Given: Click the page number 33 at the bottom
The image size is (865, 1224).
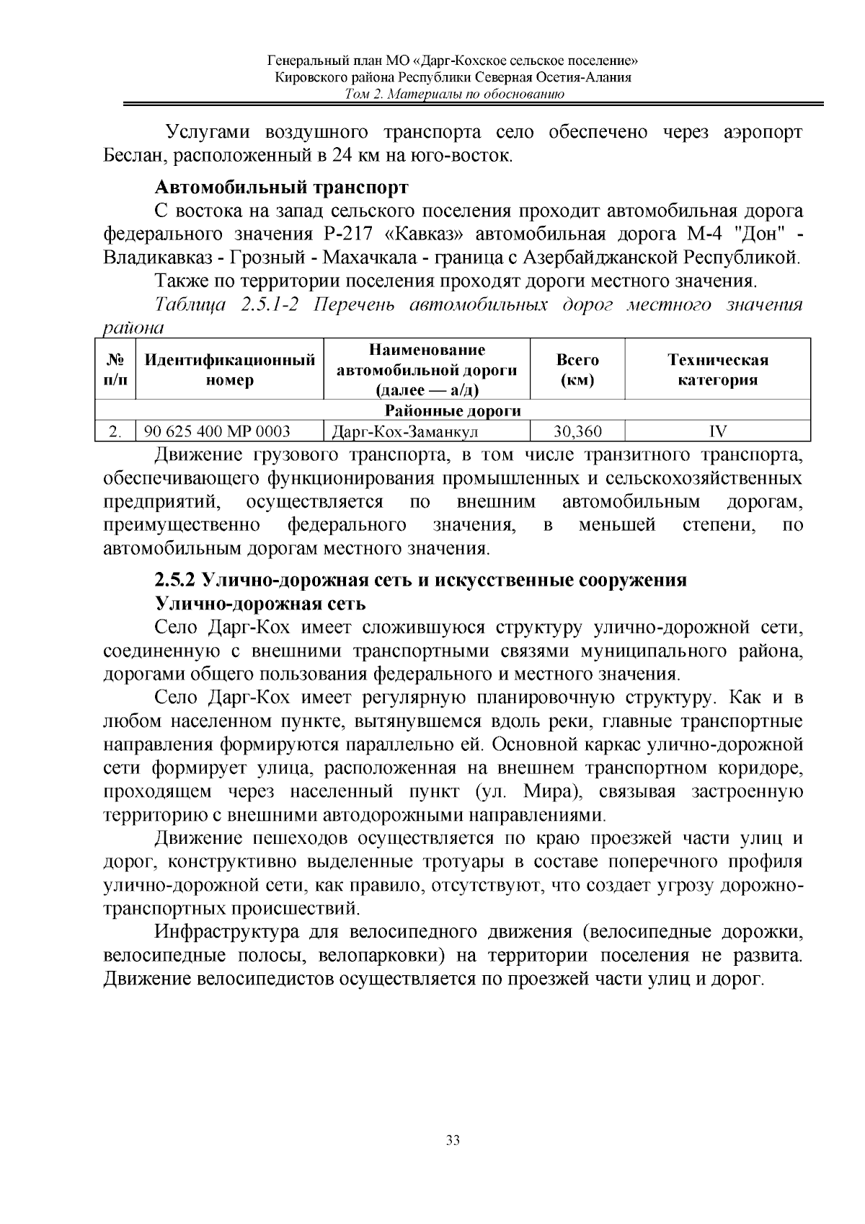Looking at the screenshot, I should click(x=453, y=1140).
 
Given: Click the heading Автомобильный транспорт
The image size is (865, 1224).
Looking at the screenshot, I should click(x=282, y=188).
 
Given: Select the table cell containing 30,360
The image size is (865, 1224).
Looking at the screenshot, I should click(x=577, y=431).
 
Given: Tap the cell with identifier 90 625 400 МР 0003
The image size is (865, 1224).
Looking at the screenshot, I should click(x=218, y=431).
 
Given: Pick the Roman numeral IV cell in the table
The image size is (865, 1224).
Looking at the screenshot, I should click(x=717, y=431).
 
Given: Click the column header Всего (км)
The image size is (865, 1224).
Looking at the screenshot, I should click(x=577, y=370).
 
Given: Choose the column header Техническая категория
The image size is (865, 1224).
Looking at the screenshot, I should click(x=717, y=370).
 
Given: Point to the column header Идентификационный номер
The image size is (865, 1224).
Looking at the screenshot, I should click(x=230, y=370).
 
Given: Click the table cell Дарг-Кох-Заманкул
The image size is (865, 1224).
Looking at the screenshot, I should click(x=404, y=431).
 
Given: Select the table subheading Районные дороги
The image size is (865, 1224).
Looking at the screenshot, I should click(x=453, y=411).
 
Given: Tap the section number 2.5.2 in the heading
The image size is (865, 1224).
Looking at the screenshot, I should click(x=176, y=580).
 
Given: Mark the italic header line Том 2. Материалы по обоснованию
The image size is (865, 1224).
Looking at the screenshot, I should click(x=453, y=94).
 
